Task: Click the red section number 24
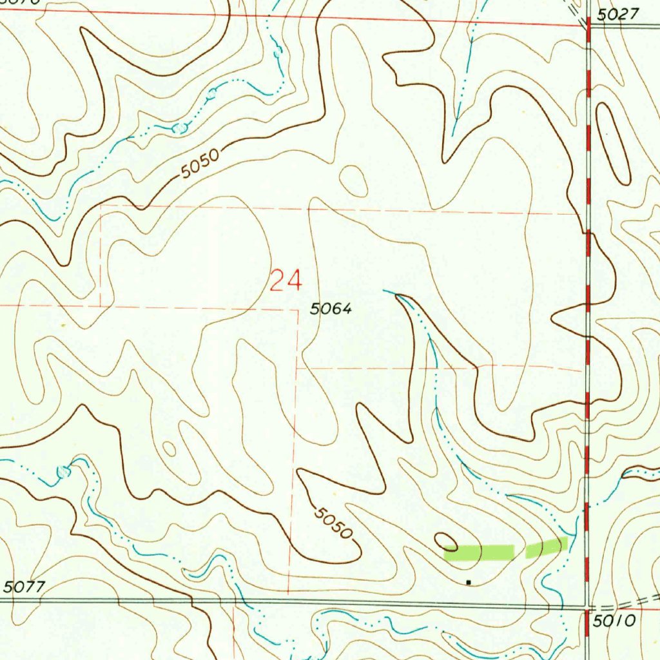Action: point(285,282)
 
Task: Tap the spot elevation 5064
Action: point(331,309)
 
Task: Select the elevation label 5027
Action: point(617,14)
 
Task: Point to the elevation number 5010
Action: point(616,621)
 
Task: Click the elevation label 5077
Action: point(24,587)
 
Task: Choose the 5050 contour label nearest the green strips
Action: point(334,522)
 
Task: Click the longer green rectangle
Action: point(479,552)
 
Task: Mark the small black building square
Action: point(469,582)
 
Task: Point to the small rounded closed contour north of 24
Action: point(353,180)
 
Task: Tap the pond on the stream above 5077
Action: point(63,472)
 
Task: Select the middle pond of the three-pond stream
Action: point(211,95)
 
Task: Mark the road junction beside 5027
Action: point(588,24)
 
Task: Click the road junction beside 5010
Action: point(588,607)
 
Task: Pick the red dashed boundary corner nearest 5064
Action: point(298,310)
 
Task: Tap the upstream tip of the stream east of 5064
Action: point(385,291)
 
